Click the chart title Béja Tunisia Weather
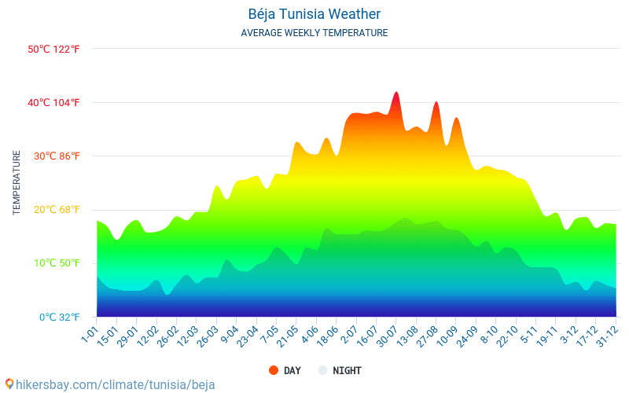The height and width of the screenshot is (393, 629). point(314,14)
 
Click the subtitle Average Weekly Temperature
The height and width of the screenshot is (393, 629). point(314,33)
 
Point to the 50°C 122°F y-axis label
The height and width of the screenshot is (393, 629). point(54,49)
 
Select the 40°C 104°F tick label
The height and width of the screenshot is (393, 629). point(54,102)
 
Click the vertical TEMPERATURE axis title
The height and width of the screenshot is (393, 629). point(17,183)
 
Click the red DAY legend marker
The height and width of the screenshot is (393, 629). point(274,370)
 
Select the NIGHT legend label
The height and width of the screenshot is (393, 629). point(347,370)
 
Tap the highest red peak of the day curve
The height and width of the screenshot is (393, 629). point(396,94)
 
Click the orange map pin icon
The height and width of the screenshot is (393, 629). point(9,384)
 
